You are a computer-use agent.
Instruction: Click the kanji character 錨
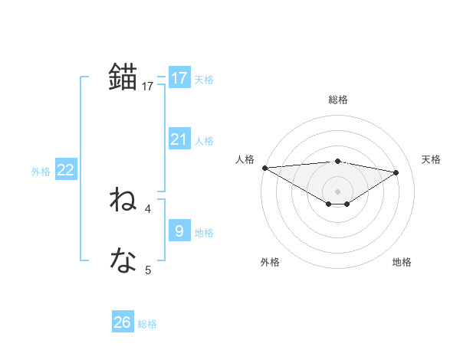pos(123,77)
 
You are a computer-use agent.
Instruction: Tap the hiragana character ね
pos(123,201)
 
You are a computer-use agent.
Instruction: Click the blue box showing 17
pos(179,78)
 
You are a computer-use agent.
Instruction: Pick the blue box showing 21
pos(179,139)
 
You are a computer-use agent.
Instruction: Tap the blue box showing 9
pos(179,230)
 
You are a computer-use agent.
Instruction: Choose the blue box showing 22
pos(65,171)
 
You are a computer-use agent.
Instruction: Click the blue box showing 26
pos(123,322)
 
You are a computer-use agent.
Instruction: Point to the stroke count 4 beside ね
pos(148,208)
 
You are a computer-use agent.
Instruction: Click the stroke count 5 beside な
pos(148,270)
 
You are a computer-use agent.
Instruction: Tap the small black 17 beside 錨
pos(148,87)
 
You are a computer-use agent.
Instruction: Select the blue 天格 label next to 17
pos(204,80)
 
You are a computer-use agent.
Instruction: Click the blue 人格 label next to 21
pos(204,141)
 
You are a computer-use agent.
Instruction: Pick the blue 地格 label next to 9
pos(204,233)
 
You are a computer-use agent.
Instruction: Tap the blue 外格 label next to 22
pos(41,172)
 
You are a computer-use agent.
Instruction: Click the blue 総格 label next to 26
pos(147,324)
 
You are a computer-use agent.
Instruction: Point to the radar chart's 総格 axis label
pos(337,100)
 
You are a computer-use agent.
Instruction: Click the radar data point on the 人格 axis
pos(264,168)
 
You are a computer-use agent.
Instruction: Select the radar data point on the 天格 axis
pos(396,172)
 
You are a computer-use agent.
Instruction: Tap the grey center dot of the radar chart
pos(337,191)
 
